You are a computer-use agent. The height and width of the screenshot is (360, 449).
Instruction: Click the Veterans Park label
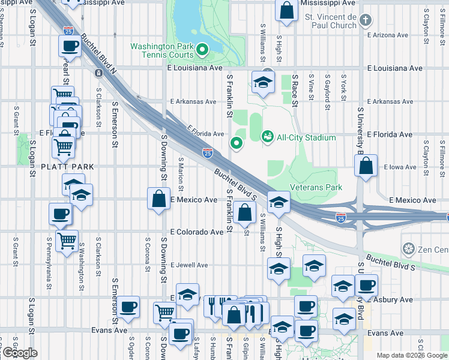[x=316, y=187]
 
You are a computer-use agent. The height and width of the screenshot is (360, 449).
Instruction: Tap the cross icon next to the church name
[x=366, y=22]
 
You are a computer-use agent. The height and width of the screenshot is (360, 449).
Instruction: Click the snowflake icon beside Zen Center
[x=409, y=248]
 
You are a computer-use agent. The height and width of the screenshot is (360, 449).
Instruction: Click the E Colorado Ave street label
[x=196, y=232]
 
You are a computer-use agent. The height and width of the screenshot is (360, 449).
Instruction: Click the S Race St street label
[x=295, y=90]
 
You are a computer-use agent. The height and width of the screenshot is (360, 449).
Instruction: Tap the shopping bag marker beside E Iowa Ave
[x=366, y=166]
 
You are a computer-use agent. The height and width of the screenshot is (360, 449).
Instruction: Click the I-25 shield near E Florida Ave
[x=207, y=154]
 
